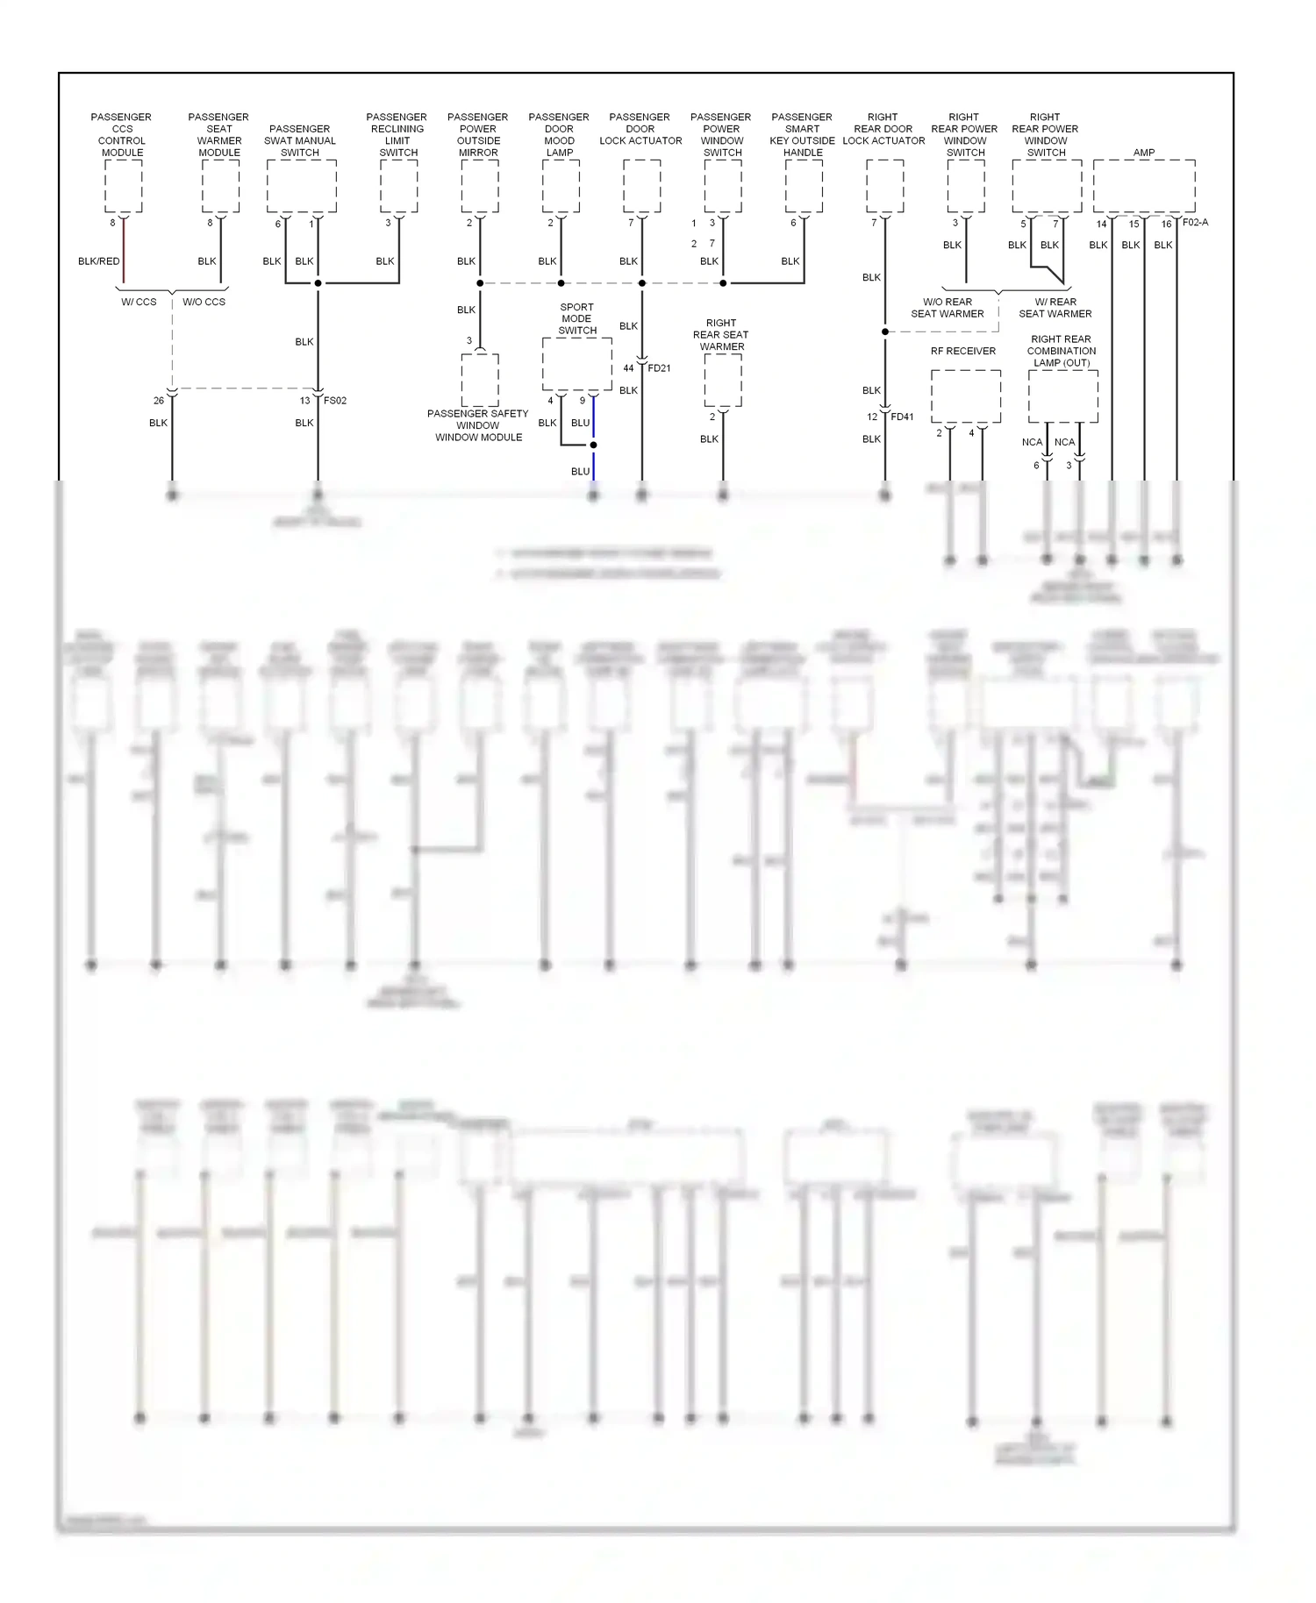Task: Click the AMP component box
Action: (x=1143, y=185)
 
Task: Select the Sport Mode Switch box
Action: (x=576, y=364)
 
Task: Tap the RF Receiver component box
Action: (x=965, y=395)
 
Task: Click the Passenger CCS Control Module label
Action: (x=122, y=134)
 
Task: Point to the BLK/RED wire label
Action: (x=98, y=261)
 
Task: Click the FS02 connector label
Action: (x=335, y=401)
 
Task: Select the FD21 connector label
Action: (x=659, y=368)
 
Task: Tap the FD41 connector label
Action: (x=902, y=417)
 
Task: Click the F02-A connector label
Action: (x=1195, y=223)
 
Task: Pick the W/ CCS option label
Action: (x=139, y=303)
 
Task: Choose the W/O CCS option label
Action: (x=204, y=303)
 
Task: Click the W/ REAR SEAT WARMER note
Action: (x=1055, y=308)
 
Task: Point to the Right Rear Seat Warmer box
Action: (x=722, y=380)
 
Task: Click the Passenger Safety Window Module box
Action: (x=480, y=380)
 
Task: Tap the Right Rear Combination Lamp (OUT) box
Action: (x=1062, y=395)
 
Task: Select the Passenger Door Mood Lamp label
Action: (x=559, y=134)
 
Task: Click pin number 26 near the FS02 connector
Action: (x=159, y=401)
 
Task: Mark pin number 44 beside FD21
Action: (x=628, y=368)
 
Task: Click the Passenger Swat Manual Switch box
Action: (x=301, y=185)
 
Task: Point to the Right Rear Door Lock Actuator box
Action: (x=884, y=185)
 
